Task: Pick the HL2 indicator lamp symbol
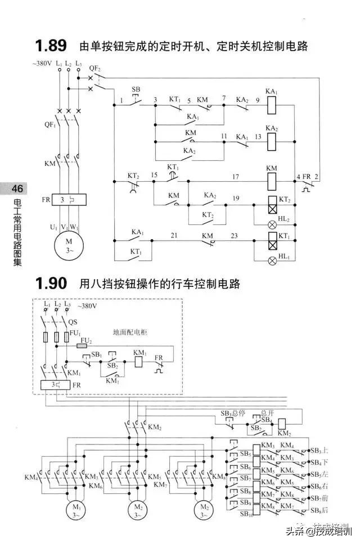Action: [272, 223]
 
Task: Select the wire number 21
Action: [174, 235]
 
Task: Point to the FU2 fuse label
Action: [86, 340]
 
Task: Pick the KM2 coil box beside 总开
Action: [283, 423]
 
